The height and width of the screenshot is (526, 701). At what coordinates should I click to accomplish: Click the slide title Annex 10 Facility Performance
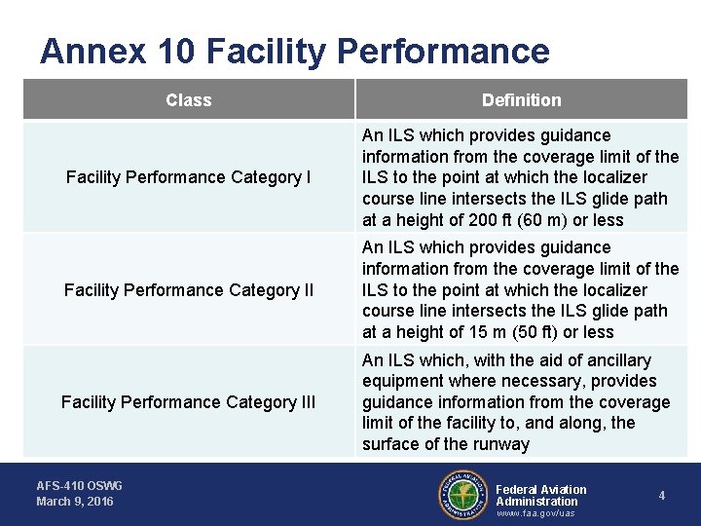(294, 51)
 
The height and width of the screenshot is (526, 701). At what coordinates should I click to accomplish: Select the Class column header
(188, 99)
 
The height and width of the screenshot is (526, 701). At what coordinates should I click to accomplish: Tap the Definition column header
(521, 99)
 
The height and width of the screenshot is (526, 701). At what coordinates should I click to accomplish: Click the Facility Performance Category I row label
(188, 177)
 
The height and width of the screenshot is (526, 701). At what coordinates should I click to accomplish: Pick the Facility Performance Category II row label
(188, 289)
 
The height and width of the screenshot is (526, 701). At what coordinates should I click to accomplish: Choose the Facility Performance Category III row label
(188, 401)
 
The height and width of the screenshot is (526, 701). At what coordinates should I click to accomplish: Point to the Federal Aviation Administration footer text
(541, 495)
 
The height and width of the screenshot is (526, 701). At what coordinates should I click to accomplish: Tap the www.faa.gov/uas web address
(535, 513)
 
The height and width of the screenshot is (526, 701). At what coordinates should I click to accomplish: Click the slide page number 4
(661, 496)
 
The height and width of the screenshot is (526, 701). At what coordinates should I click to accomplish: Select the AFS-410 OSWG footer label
(80, 485)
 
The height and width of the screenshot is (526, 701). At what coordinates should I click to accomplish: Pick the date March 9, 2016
(75, 502)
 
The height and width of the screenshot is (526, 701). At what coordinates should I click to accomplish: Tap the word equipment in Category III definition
(402, 381)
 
